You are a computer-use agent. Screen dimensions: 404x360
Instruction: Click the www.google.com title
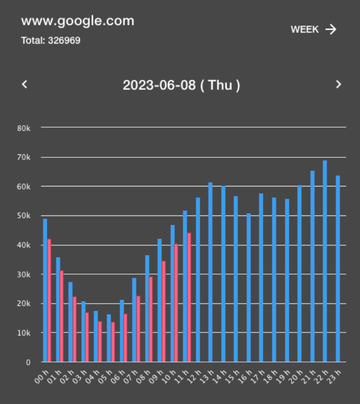click(78, 21)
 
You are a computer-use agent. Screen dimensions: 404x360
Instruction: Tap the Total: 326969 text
click(51, 41)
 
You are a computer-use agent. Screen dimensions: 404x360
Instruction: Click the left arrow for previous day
click(24, 84)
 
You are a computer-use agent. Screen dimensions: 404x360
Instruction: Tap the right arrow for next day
click(338, 84)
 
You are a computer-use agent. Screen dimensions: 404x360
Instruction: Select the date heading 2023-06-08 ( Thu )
click(181, 85)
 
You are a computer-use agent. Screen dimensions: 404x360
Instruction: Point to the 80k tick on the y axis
click(24, 128)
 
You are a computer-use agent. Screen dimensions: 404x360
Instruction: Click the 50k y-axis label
click(24, 216)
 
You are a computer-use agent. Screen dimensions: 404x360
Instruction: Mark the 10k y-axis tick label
click(24, 333)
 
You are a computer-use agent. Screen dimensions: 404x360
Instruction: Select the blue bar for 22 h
click(325, 261)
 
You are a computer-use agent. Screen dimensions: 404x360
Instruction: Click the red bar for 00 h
click(49, 300)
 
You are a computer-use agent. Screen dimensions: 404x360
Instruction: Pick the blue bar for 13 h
click(210, 272)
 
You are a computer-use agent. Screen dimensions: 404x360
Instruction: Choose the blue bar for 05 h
click(109, 338)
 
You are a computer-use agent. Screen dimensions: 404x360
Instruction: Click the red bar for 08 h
click(151, 319)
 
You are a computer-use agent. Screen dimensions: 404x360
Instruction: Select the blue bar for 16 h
click(248, 288)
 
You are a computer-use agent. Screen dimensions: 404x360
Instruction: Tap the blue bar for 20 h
click(299, 274)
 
